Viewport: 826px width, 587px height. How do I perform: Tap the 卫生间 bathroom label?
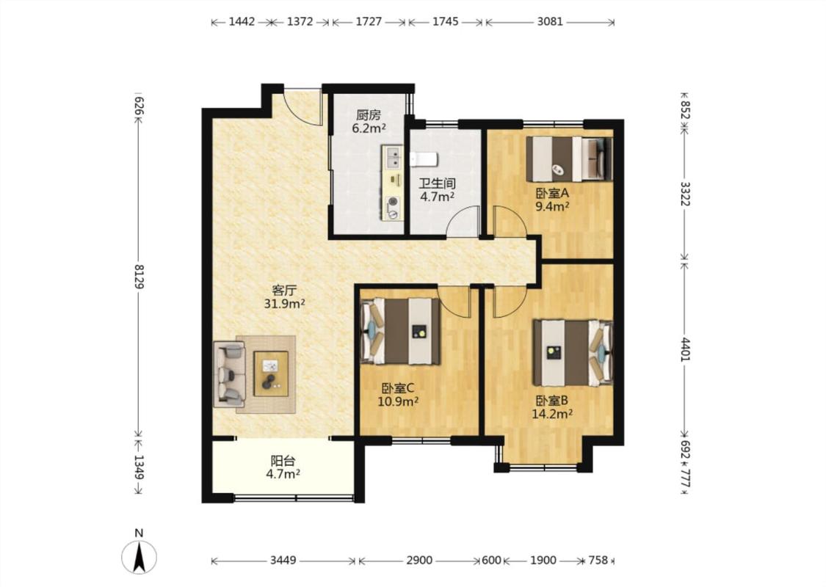[x=438, y=183]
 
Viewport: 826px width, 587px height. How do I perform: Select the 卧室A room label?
[x=552, y=193]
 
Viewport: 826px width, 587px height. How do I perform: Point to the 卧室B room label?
[x=552, y=401]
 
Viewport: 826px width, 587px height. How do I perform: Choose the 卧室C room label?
[x=398, y=388]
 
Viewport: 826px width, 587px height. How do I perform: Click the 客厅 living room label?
[x=284, y=290]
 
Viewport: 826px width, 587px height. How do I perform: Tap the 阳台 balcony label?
[x=283, y=461]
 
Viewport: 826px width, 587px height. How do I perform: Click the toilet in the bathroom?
[x=424, y=158]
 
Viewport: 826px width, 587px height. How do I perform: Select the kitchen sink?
[x=393, y=157]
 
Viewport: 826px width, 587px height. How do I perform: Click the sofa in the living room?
[x=229, y=374]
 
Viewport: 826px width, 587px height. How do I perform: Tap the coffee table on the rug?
[x=271, y=373]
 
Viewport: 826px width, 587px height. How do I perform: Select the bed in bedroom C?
[x=400, y=331]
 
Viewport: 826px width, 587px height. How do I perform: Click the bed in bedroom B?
[x=573, y=352]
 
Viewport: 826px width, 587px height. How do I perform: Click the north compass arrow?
[x=139, y=558]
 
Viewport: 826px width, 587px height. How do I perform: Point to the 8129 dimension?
[x=139, y=276]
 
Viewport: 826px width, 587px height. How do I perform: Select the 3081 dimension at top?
[x=550, y=21]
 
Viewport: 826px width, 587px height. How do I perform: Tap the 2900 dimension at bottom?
[x=419, y=560]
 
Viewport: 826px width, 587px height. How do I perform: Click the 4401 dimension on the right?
[x=684, y=349]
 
